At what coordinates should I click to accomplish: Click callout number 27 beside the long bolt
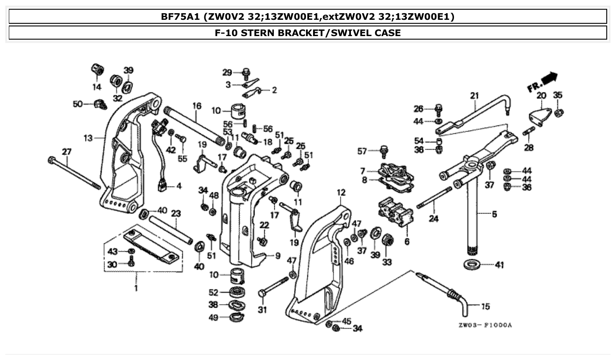pos(66,152)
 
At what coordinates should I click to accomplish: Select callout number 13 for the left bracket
pos(88,138)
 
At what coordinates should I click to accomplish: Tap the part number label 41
pos(499,265)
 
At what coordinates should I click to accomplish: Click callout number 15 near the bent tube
pos(485,306)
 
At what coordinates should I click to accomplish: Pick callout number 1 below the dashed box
pos(136,288)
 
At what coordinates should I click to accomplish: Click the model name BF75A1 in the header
pos(180,17)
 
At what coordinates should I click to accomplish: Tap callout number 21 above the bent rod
pos(474,95)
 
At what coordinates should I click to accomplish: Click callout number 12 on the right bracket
pos(341,192)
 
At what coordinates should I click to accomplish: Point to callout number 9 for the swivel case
pos(277,255)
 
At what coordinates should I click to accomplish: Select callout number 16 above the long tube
pos(196,106)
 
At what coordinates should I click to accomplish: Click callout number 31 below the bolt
pos(262,310)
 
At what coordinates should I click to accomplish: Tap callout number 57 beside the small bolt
pos(361,152)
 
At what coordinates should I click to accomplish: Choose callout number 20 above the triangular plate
pos(541,95)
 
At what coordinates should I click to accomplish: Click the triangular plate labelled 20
pos(539,115)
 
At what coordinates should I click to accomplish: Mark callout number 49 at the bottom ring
pos(213,318)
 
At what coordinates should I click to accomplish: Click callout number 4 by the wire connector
pos(179,186)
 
